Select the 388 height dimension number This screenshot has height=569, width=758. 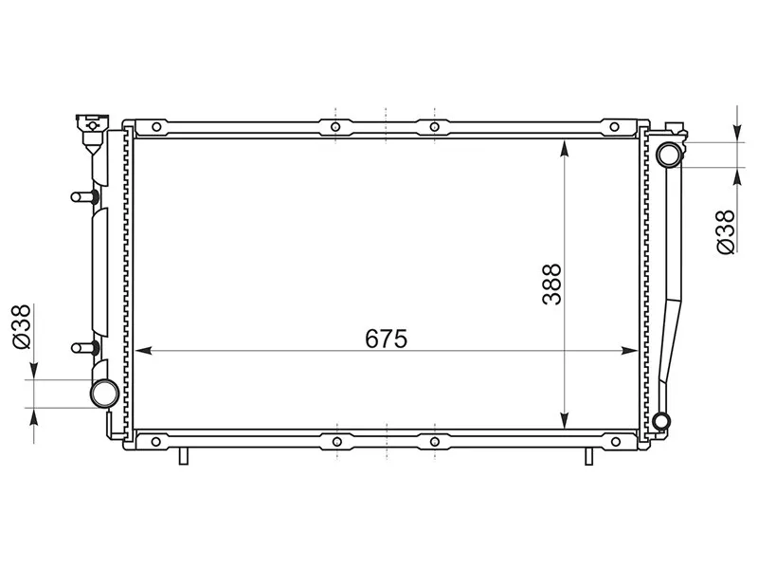point(551,284)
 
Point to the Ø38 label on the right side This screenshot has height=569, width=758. point(725,231)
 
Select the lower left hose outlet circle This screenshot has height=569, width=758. point(103,393)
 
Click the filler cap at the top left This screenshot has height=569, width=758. point(91,123)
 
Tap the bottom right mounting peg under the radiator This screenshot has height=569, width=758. point(588,456)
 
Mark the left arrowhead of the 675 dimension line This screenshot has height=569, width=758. point(144,351)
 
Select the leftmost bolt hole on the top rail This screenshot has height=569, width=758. point(155,126)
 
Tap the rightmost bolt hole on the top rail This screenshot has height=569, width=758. point(614,126)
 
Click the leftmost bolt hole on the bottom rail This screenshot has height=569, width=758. point(155,441)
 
